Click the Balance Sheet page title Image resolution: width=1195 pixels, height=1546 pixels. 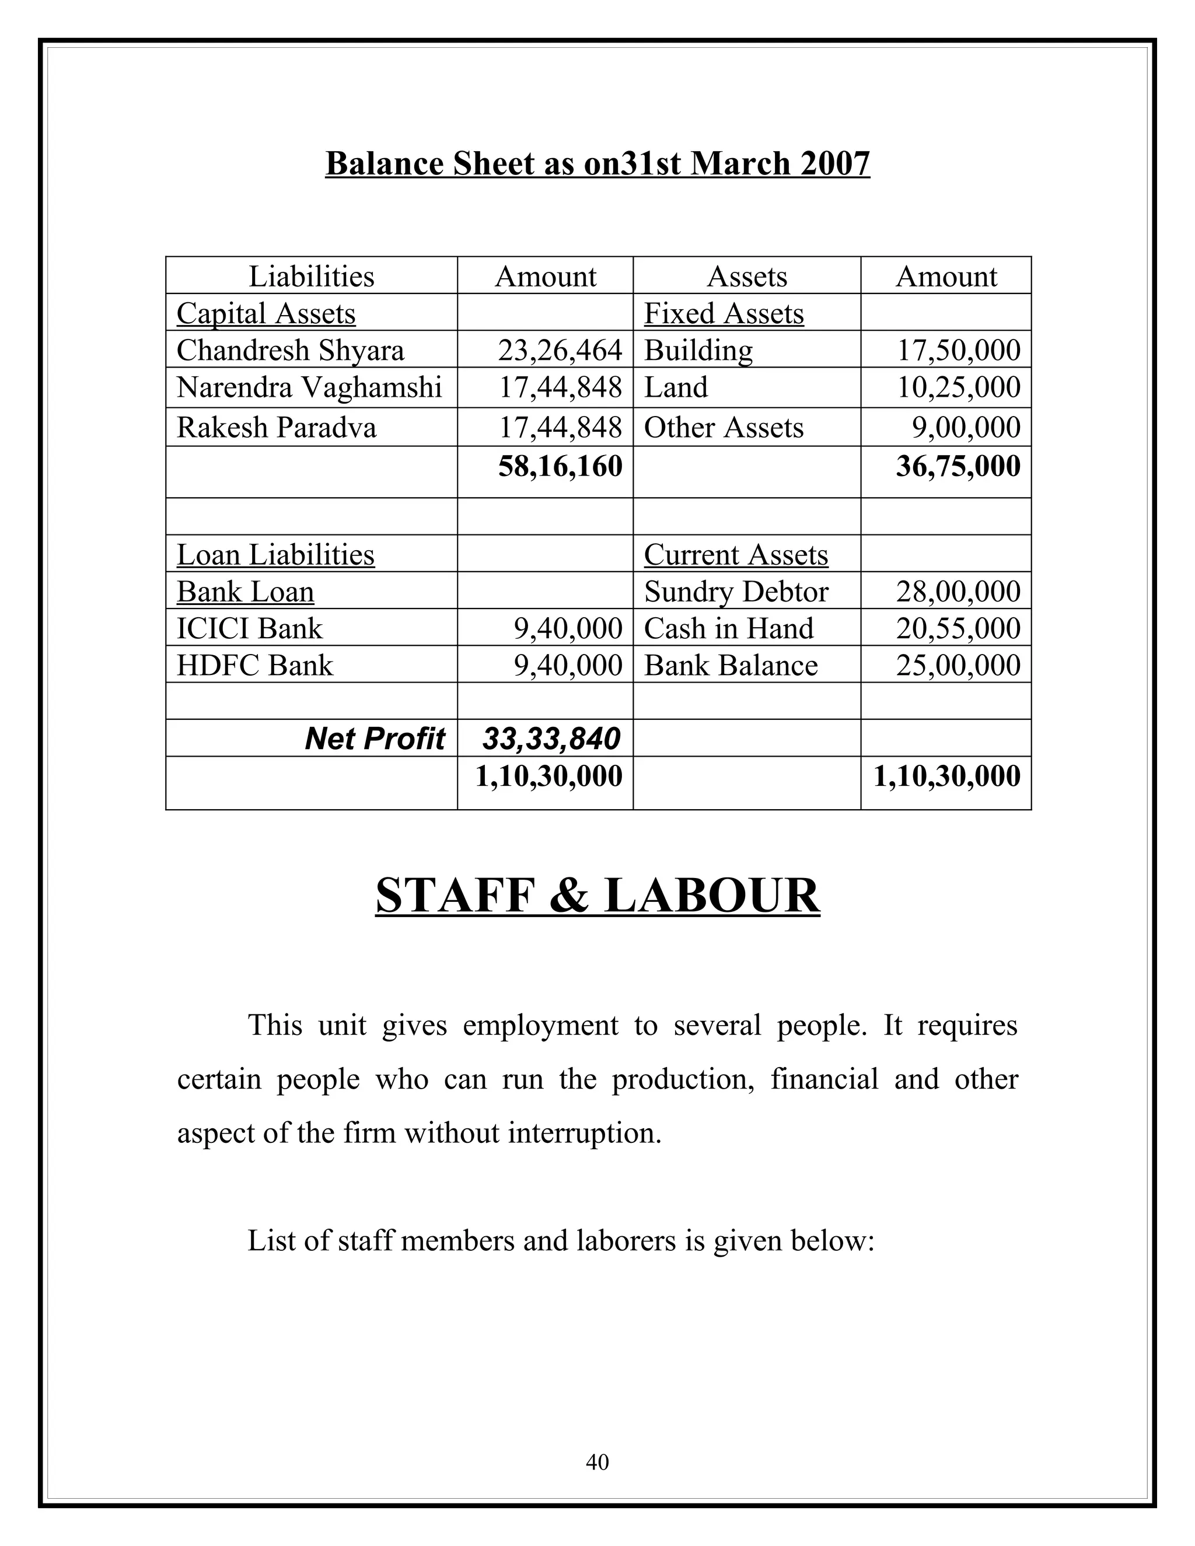597,163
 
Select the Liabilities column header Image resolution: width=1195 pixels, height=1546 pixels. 312,276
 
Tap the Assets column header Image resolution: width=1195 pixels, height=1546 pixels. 747,276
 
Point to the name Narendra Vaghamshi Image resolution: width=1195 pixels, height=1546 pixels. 309,387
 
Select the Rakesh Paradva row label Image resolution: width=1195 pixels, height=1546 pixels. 276,428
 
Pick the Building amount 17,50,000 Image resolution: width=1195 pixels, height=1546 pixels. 959,351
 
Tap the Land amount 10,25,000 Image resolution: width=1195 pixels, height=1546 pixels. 959,387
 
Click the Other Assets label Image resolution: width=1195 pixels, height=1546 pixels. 724,428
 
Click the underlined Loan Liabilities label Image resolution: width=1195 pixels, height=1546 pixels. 275,554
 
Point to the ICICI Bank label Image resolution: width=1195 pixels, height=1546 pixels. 249,628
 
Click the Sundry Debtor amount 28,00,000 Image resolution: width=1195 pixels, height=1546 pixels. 958,592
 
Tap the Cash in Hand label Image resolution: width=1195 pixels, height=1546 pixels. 728,628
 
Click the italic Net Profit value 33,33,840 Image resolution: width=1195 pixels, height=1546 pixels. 551,739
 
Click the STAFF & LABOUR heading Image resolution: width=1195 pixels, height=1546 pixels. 597,896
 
